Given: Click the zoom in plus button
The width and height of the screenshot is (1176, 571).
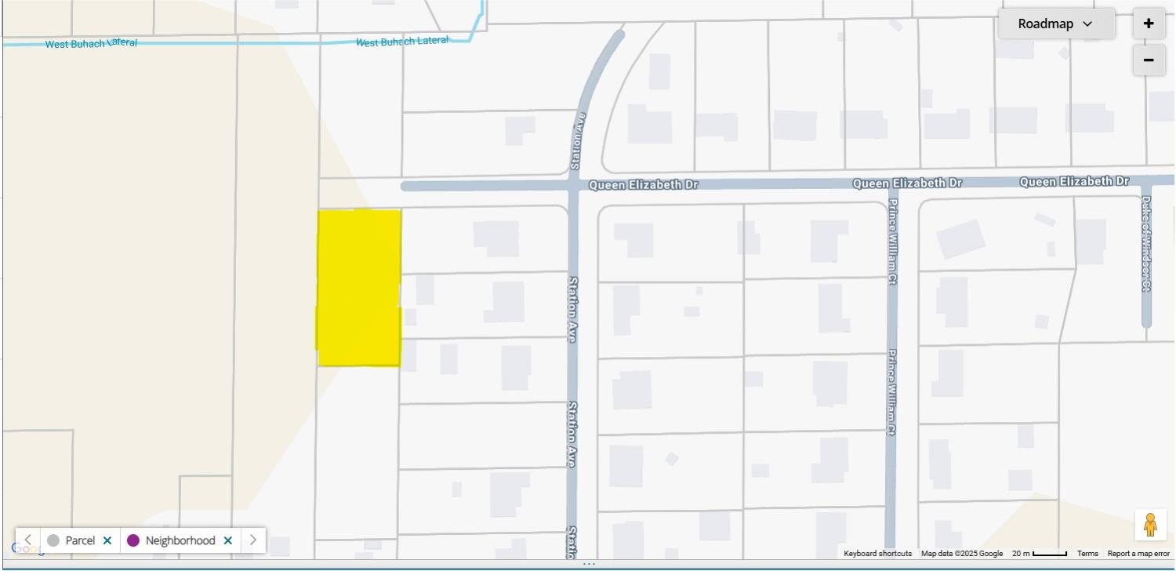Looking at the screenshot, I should pos(1149,24).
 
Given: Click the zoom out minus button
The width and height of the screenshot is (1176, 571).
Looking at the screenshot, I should pos(1149,60).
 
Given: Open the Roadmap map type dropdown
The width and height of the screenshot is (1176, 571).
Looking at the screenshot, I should pos(1056,24).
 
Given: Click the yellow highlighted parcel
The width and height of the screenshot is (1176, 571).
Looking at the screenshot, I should pos(359,287).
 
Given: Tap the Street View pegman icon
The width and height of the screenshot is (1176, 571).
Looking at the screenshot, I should pos(1150,525).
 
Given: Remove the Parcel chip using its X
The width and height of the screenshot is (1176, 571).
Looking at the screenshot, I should pos(107,540).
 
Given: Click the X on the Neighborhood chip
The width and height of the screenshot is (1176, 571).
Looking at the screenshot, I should pos(228,540).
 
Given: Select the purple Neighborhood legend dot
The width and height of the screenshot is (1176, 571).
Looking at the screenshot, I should pos(133,540).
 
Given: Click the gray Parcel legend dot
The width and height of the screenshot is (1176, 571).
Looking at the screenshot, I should pos(53,540).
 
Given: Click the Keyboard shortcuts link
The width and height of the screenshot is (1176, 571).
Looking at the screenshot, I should pos(877,554).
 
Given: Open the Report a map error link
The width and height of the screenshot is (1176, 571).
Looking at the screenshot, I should pos(1138,554).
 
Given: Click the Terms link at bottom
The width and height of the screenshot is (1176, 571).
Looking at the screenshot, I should pos(1087,554).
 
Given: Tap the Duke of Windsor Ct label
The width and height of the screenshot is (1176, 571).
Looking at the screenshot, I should pos(1146,244).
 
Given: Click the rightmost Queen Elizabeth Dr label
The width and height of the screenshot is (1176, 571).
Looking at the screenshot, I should pos(1074,181).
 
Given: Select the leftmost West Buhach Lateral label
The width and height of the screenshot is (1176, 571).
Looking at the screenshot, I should pos(91,43).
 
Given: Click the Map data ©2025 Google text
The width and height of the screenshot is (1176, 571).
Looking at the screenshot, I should pos(961,554).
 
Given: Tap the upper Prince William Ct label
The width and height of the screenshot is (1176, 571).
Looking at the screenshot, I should pos(892,242).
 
